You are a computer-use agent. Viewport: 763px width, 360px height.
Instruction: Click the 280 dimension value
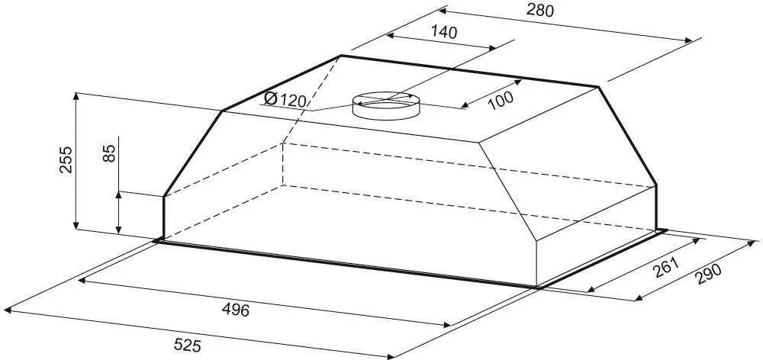[539, 10]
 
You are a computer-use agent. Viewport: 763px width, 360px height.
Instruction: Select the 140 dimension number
[444, 32]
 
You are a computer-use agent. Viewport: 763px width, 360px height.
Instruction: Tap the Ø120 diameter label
[285, 100]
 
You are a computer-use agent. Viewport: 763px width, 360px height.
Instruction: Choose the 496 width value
[235, 310]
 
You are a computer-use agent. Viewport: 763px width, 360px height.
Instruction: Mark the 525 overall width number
[187, 346]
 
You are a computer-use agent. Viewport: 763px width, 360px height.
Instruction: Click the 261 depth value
[665, 267]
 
